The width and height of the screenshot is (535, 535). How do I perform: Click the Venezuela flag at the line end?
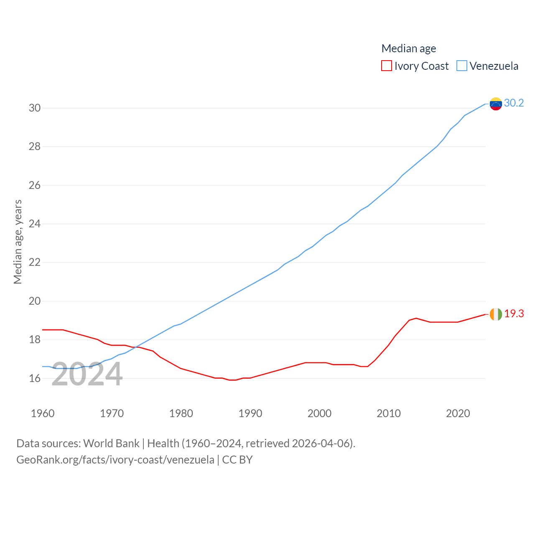496,104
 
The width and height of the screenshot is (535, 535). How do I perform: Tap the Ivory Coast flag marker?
496,314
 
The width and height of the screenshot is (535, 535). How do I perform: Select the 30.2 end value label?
514,103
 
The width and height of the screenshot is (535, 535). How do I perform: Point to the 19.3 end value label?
514,313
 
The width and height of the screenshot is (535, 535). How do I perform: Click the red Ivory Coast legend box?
386,66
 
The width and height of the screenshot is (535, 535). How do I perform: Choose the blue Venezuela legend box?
461,66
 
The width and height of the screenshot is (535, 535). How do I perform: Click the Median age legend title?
408,48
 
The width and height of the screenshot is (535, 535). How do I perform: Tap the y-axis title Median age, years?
18,242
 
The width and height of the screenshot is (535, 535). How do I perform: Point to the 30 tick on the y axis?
35,108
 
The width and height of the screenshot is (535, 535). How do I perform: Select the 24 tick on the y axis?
35,224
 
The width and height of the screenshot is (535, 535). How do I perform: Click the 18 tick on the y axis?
35,339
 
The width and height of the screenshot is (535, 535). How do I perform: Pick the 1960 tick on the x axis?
43,413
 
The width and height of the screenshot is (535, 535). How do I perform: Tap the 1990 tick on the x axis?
250,413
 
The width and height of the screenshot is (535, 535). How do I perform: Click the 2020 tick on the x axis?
458,413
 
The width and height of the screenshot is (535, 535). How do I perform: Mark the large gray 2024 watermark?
87,374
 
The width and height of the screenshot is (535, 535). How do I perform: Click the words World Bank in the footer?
111,443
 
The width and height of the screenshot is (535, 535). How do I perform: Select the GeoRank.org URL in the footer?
115,460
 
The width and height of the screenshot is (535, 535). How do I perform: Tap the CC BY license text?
237,460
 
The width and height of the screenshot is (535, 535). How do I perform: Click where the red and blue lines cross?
138,347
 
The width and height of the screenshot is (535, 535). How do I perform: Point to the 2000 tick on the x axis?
319,413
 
